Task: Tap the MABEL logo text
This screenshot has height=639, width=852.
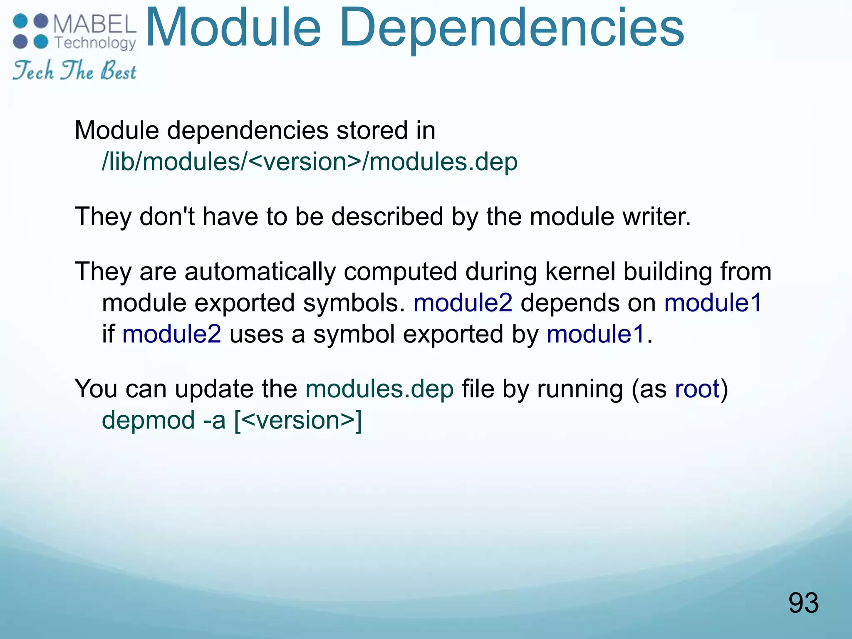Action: click(x=95, y=24)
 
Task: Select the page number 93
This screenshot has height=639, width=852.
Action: click(x=803, y=603)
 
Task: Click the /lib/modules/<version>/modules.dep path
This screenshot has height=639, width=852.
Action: click(x=310, y=162)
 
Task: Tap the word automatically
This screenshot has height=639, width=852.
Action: click(x=260, y=272)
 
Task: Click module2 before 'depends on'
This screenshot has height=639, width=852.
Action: click(x=463, y=303)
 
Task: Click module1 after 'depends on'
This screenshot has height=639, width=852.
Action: click(x=713, y=303)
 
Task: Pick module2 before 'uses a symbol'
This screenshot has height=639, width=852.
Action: click(x=172, y=334)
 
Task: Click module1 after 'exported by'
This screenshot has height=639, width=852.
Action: click(x=596, y=334)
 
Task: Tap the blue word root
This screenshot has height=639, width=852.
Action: click(x=697, y=389)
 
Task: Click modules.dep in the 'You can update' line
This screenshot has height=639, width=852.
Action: click(x=379, y=389)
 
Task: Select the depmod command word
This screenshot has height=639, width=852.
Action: click(x=149, y=420)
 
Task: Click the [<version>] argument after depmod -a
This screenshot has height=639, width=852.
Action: click(x=298, y=420)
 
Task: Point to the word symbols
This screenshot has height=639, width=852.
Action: click(x=354, y=303)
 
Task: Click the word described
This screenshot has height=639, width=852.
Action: click(x=387, y=217)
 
